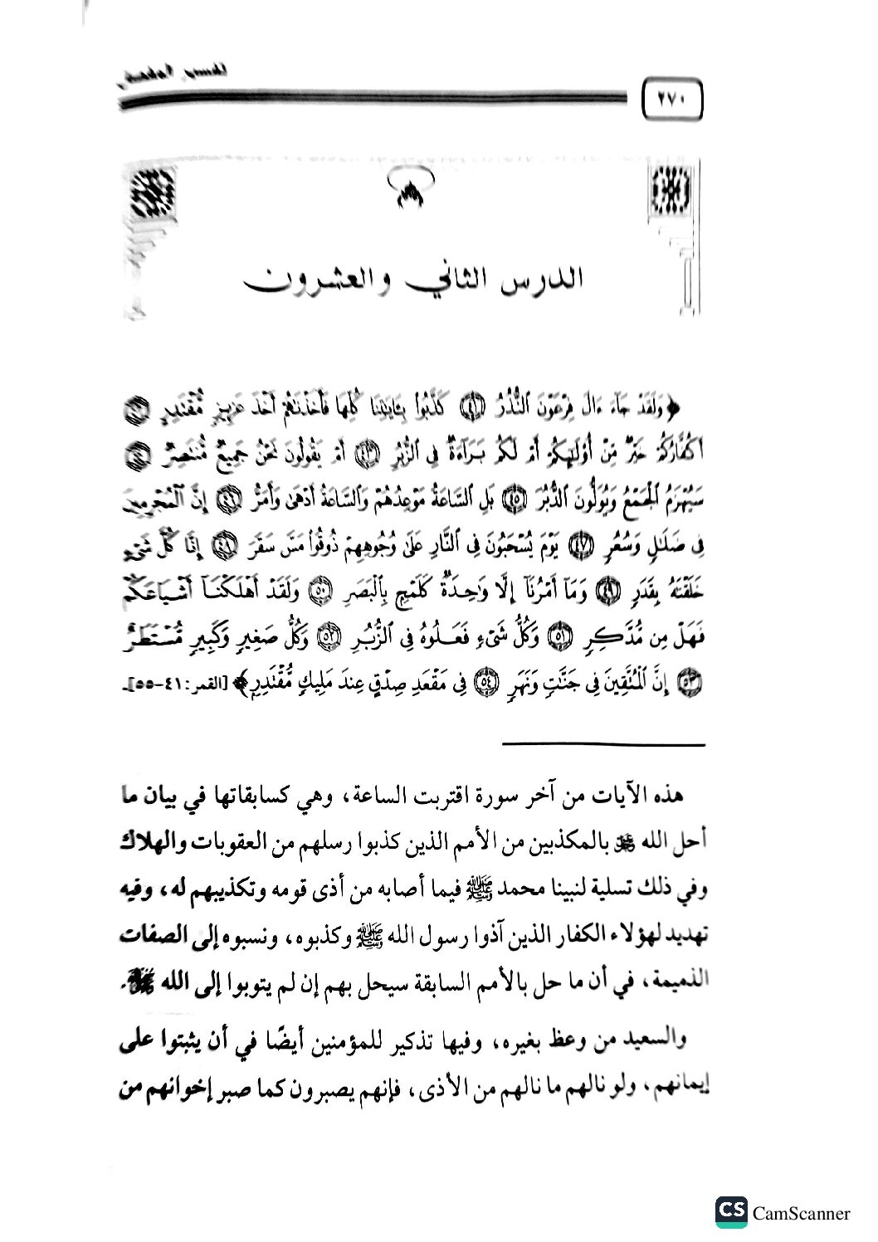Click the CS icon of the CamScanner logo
click(x=731, y=1212)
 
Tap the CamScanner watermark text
click(x=801, y=1213)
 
